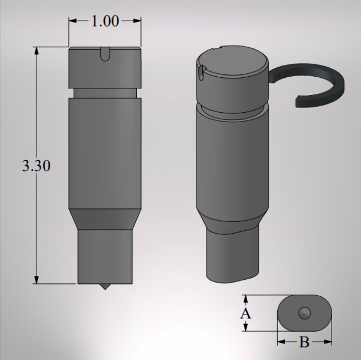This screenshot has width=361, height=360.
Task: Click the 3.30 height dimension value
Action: click(x=36, y=166)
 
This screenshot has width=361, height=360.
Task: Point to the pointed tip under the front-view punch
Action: click(x=104, y=287)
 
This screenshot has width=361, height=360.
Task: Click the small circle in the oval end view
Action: click(x=304, y=313)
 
